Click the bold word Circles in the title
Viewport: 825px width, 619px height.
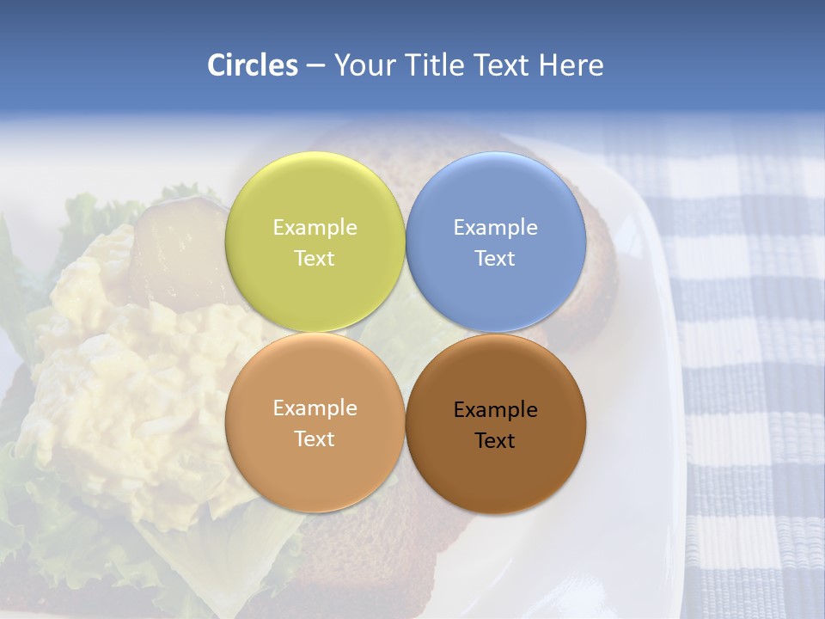pyautogui.click(x=253, y=65)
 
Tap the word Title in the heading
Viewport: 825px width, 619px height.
pyautogui.click(x=433, y=65)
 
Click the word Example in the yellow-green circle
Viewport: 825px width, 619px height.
pyautogui.click(x=315, y=228)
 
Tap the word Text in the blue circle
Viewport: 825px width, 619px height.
pyautogui.click(x=495, y=259)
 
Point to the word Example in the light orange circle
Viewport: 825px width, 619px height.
pyautogui.click(x=315, y=408)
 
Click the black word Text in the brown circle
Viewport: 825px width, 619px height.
pyautogui.click(x=495, y=441)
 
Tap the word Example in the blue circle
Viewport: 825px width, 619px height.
pyautogui.click(x=495, y=228)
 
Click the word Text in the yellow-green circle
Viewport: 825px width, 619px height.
pyautogui.click(x=315, y=259)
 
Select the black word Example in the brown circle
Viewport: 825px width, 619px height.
pyautogui.click(x=495, y=410)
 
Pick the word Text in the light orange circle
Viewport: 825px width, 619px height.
pyautogui.click(x=315, y=439)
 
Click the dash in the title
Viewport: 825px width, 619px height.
pyautogui.click(x=315, y=66)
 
